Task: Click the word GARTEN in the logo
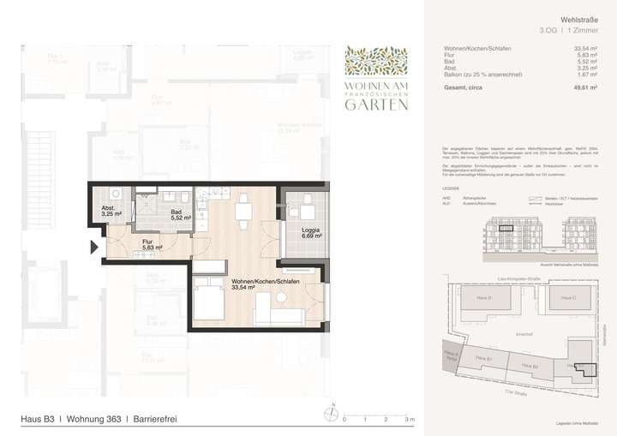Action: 376,105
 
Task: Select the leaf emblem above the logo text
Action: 376,60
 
